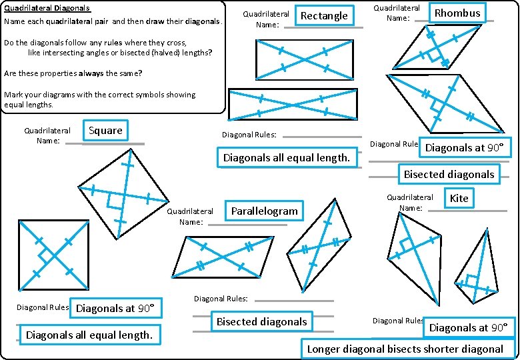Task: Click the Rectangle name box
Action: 324,16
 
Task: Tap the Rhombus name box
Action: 457,13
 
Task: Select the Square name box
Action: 105,131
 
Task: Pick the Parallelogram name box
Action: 264,211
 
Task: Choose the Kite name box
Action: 459,198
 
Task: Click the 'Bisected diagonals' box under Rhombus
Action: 449,175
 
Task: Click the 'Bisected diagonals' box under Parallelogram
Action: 261,322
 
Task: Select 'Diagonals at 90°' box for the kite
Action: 469,328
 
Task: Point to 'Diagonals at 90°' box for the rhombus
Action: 464,148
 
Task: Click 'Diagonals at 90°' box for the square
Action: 115,308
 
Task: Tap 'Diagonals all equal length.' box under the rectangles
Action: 286,158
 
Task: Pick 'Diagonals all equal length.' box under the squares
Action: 89,335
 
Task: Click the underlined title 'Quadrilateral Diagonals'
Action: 47,9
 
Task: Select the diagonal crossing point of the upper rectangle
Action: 304,59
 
